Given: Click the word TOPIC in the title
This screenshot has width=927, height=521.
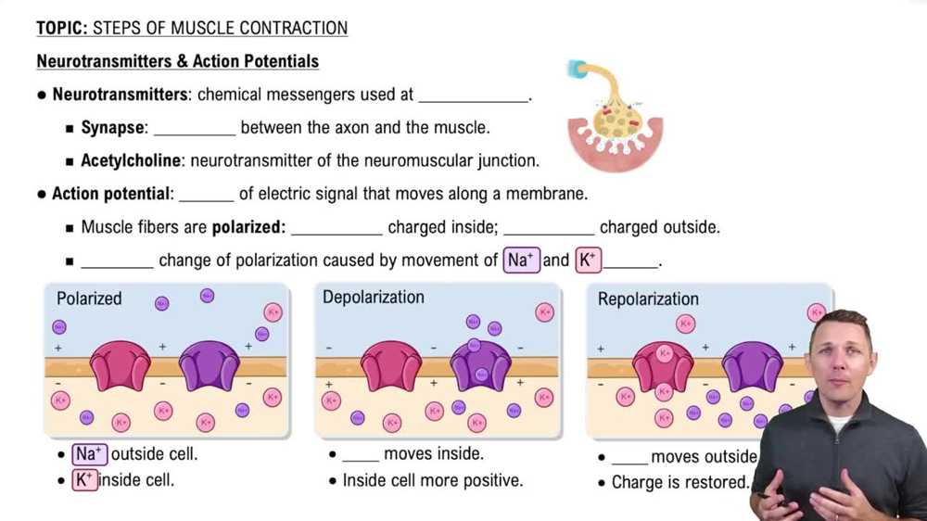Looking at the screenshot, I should tap(61, 28).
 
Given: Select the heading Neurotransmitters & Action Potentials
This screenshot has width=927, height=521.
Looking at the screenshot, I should tap(177, 61).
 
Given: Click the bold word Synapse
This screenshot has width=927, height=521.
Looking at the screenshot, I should tap(113, 128).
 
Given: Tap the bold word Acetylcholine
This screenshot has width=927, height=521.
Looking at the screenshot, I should tap(131, 160).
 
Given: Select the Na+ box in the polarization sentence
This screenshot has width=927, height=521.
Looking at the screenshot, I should tap(521, 260).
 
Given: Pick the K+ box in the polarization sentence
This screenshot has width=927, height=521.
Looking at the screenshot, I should tap(588, 260).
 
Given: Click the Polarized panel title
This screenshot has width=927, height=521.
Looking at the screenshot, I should tap(89, 299).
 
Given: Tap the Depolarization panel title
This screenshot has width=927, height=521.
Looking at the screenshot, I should tap(373, 298).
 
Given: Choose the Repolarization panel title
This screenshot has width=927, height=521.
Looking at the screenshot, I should tap(648, 299).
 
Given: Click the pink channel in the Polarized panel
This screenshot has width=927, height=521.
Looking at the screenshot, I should tap(120, 364).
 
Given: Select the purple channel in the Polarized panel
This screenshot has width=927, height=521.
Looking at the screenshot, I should tap(209, 364).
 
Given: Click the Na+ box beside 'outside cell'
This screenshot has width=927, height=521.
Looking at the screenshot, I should tap(90, 454).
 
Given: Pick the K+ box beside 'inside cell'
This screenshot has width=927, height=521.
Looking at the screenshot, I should tap(85, 480).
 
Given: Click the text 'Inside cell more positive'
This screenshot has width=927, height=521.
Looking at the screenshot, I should tap(432, 480).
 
